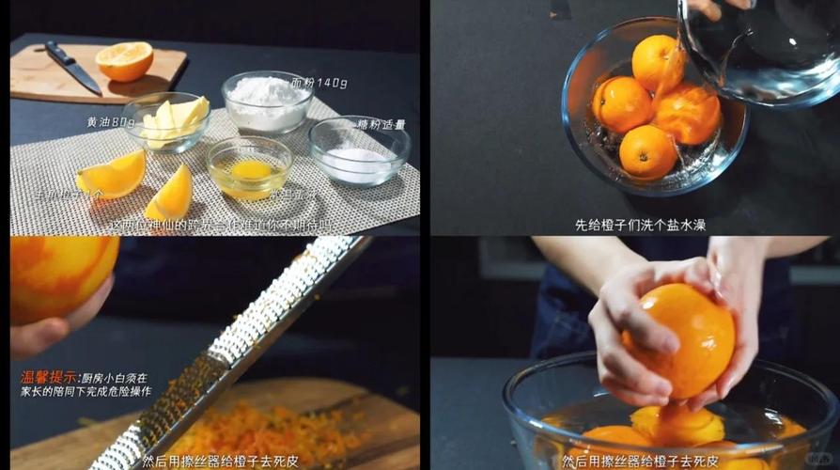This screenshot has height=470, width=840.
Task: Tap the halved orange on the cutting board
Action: pos(124,60)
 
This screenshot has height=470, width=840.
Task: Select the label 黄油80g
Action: pos(111,122)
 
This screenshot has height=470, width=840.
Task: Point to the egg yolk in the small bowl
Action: pos(250,169)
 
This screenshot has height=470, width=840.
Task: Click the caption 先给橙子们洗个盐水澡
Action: pos(634,225)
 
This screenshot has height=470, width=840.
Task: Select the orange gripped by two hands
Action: pos(680,338)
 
